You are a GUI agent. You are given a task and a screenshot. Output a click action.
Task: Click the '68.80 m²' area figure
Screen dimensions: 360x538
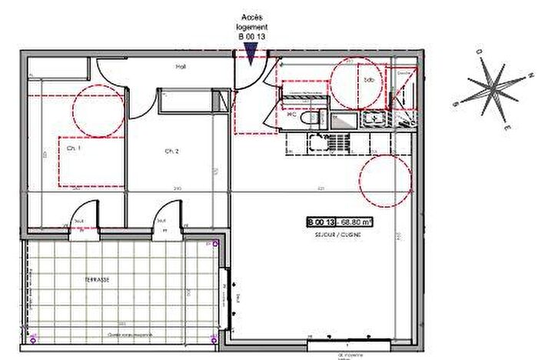pos(354,222)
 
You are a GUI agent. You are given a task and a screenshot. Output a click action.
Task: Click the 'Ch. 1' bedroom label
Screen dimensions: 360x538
pos(74,148)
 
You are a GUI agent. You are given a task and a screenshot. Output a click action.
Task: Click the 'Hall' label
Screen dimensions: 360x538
pos(181,67)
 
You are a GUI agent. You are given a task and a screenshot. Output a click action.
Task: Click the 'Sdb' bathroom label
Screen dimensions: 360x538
pos(369,80)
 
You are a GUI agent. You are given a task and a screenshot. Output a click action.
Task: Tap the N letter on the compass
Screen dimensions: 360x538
pos(531,75)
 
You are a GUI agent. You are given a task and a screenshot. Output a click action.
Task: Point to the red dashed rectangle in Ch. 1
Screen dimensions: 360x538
pos(92,162)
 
